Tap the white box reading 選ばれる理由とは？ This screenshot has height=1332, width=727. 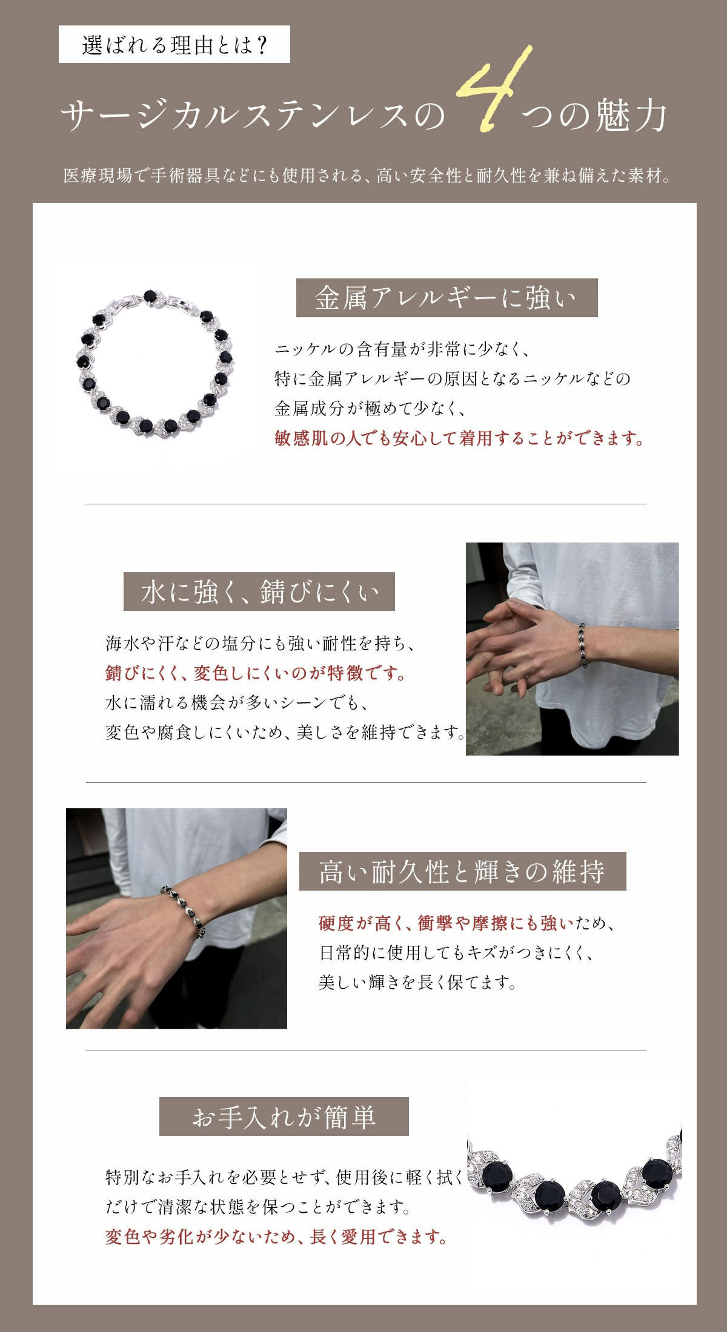tap(174, 44)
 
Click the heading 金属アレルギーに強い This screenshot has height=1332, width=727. tap(446, 298)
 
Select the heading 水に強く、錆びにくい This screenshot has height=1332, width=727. tap(259, 592)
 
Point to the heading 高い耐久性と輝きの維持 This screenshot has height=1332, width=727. tap(462, 871)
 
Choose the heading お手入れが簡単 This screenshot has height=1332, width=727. tap(284, 1116)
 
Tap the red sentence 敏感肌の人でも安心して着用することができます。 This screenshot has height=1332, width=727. tap(459, 438)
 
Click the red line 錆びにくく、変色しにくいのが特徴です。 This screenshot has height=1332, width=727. tap(255, 673)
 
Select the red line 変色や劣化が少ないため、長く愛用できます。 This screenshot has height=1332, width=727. tap(277, 1236)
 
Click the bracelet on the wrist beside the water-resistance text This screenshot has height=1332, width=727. tap(585, 645)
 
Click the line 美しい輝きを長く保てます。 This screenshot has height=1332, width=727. tap(417, 982)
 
